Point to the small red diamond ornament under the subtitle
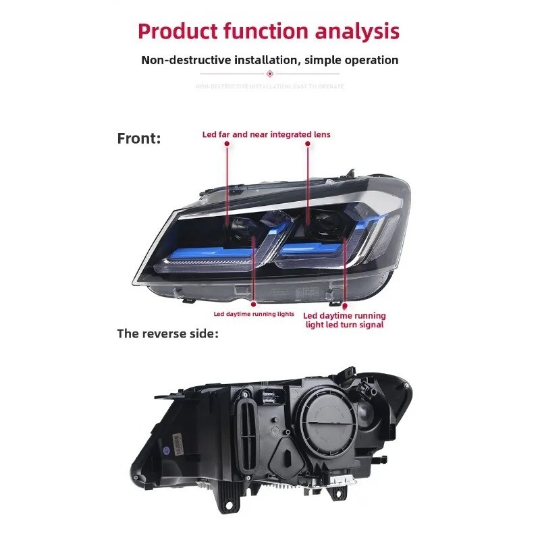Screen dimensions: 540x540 (270, 74)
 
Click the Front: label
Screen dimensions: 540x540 (139, 138)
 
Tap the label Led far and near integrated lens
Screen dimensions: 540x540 (267, 134)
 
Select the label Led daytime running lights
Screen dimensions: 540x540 (254, 314)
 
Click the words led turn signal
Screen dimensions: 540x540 (355, 325)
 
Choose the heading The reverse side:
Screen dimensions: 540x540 (168, 333)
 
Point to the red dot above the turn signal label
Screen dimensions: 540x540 (344, 305)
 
